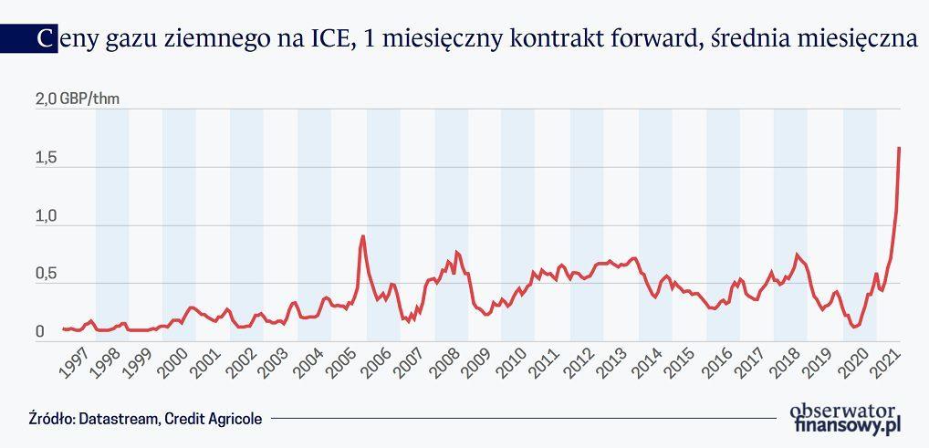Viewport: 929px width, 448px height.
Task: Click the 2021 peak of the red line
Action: (899, 148)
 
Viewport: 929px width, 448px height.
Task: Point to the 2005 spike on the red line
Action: (363, 236)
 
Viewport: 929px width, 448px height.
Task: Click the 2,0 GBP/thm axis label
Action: (77, 99)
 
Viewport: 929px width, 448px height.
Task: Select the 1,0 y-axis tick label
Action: (45, 217)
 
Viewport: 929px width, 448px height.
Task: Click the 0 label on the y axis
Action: (40, 333)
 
